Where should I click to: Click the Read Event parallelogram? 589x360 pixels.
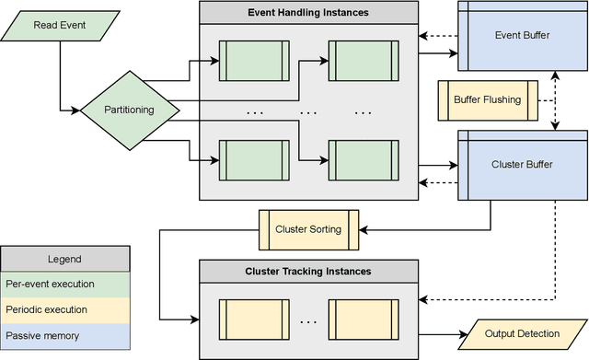[x=59, y=25]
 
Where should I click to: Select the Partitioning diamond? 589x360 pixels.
[x=128, y=110]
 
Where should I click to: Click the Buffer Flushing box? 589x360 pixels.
[x=487, y=99]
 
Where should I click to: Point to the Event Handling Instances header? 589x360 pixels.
[x=307, y=13]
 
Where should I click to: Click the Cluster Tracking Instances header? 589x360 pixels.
[x=307, y=272]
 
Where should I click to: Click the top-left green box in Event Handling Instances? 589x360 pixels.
[x=251, y=62]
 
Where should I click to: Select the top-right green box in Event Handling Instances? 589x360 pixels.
[x=364, y=62]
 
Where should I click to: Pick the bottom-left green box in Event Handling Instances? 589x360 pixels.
[x=251, y=160]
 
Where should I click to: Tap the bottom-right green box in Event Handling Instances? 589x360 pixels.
[x=364, y=160]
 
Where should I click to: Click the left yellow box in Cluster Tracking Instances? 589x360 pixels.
[x=251, y=320]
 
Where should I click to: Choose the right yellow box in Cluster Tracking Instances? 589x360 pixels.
[x=364, y=320]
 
